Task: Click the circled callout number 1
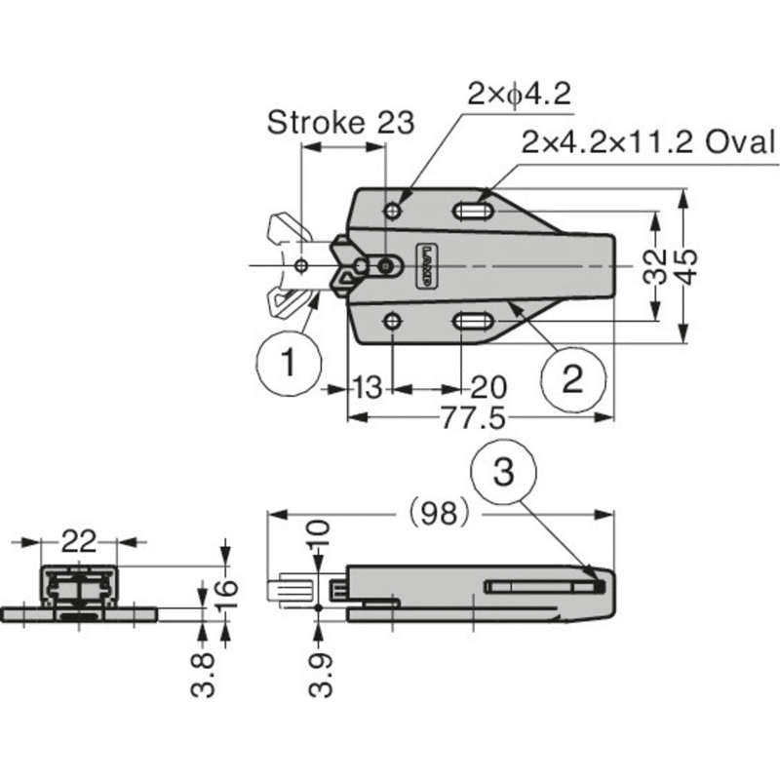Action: tap(289, 363)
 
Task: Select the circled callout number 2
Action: tap(573, 379)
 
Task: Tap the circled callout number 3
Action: tap(503, 472)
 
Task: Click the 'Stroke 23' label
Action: tap(340, 123)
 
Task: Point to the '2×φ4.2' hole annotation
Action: tap(520, 94)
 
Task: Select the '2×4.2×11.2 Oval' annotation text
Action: tap(648, 141)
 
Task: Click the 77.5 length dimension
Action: tap(473, 417)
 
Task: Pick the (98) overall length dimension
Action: tap(439, 513)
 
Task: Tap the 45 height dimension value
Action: tap(687, 266)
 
